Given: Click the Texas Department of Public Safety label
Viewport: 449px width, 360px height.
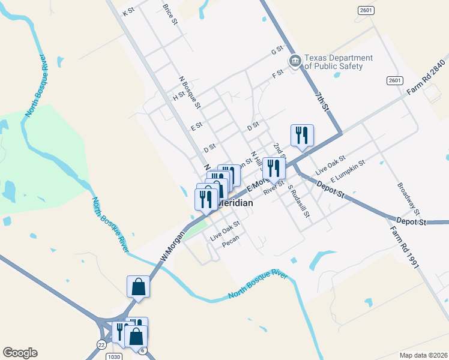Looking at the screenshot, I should (339, 62).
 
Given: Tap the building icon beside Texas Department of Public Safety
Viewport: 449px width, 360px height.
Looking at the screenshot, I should (295, 61).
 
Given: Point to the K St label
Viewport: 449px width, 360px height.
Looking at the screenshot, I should (128, 12).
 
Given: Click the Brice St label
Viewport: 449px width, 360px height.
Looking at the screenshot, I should (170, 14).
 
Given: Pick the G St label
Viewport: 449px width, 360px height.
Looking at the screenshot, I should (277, 50).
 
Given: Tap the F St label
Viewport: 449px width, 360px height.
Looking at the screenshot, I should (277, 74).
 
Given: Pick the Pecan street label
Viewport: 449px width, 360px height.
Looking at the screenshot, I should (231, 244).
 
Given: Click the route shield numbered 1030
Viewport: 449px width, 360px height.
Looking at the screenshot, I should (99, 356).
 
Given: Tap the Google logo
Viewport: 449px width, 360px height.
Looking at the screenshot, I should (20, 353).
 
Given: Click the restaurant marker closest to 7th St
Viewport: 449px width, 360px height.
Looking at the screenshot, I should (301, 136).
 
